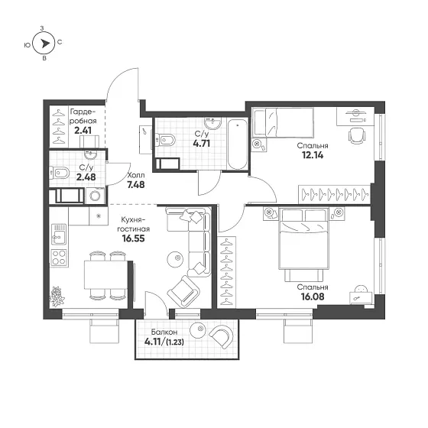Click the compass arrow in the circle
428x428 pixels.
click(x=45, y=44)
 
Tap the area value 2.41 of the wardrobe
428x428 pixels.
click(x=83, y=131)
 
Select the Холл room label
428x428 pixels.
click(x=136, y=175)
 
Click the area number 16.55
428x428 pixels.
click(x=133, y=238)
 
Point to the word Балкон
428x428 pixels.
click(x=164, y=332)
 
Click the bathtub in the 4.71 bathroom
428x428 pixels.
click(x=238, y=144)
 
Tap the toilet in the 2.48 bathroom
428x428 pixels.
click(x=60, y=173)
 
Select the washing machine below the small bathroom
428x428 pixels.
click(x=96, y=196)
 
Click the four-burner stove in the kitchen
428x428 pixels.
click(x=59, y=258)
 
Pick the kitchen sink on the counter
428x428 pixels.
click(x=59, y=234)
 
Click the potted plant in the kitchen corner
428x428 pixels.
click(x=57, y=297)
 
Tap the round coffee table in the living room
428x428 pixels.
click(x=175, y=259)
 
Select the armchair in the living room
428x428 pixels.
click(x=183, y=292)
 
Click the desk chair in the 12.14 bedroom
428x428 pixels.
click(x=357, y=136)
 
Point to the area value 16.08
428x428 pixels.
click(x=313, y=297)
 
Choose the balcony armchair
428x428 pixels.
click(x=222, y=336)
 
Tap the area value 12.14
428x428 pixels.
click(x=313, y=155)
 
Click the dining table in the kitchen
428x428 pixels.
click(x=105, y=274)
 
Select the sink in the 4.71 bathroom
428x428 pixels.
click(x=213, y=123)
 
